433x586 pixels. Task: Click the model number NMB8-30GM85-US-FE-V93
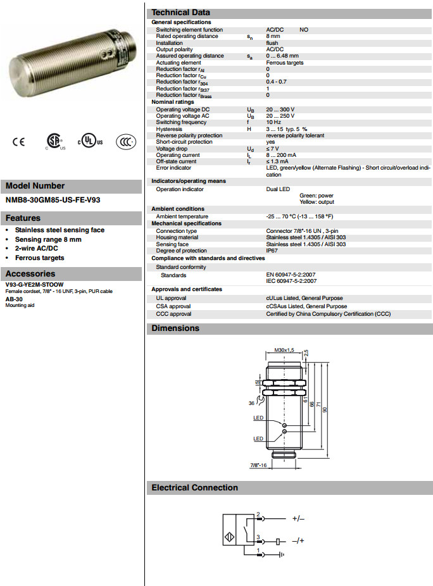[x=53, y=200]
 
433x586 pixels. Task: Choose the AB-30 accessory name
[x=14, y=299]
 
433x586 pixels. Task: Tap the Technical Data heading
[x=181, y=13]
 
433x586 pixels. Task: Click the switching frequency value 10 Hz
[x=273, y=122]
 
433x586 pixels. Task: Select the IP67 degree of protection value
[x=272, y=251]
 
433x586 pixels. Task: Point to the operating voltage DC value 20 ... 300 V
[x=280, y=109]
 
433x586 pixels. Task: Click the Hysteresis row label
[x=169, y=128]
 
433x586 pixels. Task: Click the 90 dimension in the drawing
[x=325, y=410]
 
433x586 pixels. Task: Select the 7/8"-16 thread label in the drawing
[x=258, y=465]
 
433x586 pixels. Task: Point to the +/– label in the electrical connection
[x=298, y=518]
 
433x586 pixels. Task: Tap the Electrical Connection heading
[x=194, y=488]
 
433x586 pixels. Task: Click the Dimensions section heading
[x=175, y=328]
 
